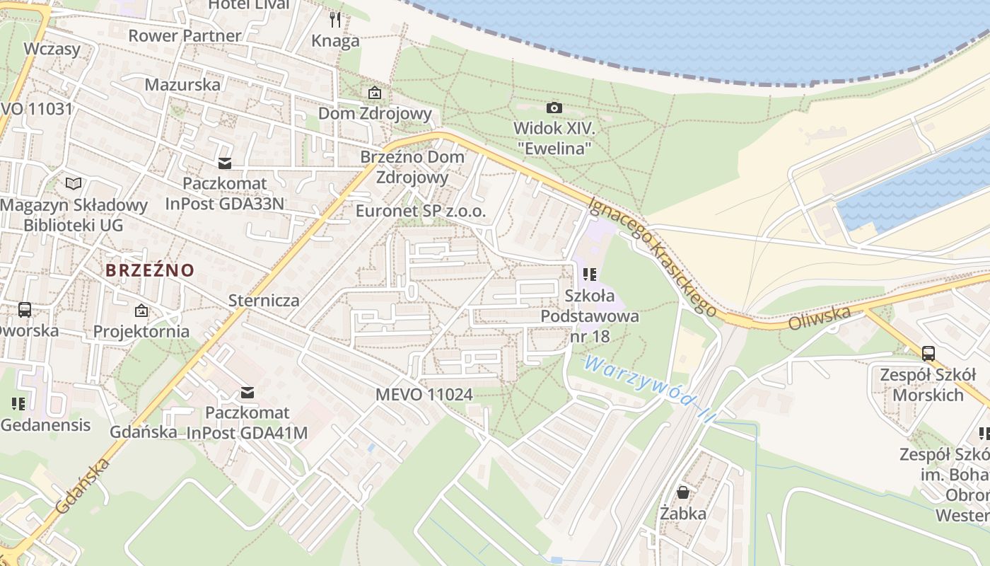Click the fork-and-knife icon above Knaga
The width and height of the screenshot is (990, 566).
(335, 19)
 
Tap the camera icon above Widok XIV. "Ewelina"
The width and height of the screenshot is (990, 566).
(554, 108)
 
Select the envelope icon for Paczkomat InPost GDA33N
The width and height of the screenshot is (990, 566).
(225, 163)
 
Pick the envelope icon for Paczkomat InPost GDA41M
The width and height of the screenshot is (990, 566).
(248, 392)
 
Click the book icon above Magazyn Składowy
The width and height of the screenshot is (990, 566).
(74, 183)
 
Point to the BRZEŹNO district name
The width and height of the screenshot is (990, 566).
(150, 270)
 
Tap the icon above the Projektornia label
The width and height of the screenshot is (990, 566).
(141, 310)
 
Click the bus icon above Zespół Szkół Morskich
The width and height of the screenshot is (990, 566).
(928, 353)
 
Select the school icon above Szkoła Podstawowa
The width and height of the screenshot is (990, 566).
(590, 274)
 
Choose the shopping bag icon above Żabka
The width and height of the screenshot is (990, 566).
(683, 492)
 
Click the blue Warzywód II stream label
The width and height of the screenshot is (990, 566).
(645, 389)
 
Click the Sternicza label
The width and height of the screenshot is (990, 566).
(264, 300)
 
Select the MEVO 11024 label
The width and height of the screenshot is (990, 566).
(424, 395)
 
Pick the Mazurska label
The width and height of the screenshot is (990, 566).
(182, 85)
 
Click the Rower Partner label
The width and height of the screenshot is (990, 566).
(185, 35)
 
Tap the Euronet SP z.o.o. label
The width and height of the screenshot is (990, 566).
(421, 211)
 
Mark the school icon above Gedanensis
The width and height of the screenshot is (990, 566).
(18, 404)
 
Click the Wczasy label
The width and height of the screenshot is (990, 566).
(52, 49)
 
